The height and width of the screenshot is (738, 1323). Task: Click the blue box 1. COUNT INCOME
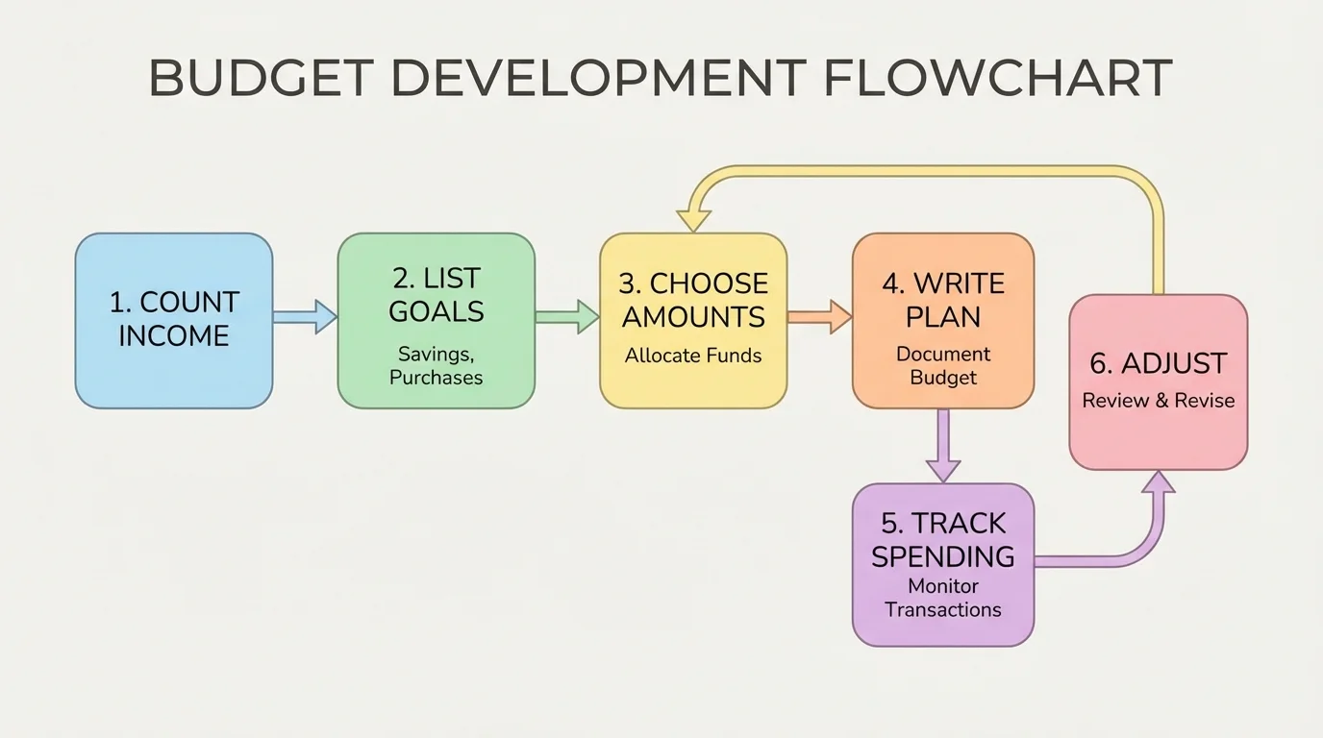pos(174,320)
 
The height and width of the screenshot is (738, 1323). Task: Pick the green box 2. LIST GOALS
pos(436,320)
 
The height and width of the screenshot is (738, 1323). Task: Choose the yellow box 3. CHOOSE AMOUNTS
pos(693,320)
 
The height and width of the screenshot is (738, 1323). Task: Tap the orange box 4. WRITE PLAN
pos(943,320)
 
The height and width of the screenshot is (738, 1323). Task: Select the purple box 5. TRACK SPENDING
pos(943,564)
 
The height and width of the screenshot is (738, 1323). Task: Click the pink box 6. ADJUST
pos(1158,381)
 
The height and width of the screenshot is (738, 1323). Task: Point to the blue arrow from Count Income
pos(305,316)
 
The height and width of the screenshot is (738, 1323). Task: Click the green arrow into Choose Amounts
pos(567,316)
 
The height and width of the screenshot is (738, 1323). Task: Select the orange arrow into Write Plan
pos(819,316)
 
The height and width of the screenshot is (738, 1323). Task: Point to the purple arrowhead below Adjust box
pos(1158,483)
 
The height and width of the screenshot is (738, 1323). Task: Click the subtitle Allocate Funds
pos(693,356)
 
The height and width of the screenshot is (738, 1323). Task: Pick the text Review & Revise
pos(1158,401)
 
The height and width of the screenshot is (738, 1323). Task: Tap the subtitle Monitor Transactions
pos(943,598)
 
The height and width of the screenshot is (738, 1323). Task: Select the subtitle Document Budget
pos(943,365)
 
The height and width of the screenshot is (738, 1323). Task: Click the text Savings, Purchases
pos(436,365)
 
